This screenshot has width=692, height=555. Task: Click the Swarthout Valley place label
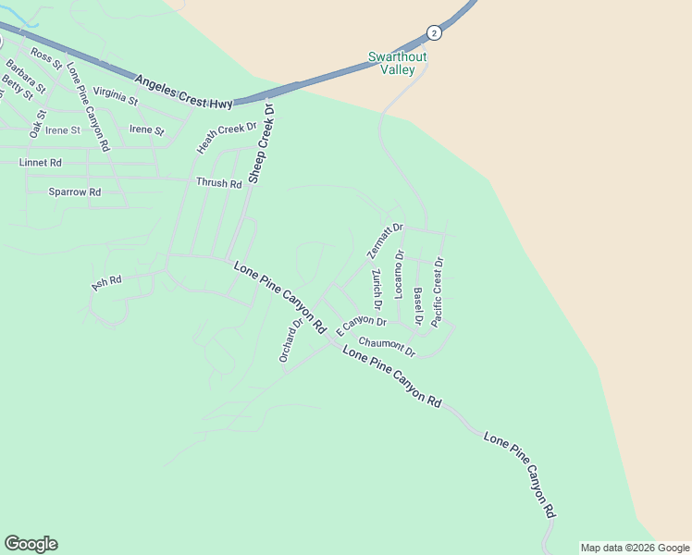398,63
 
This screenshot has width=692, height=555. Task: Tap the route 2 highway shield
434,32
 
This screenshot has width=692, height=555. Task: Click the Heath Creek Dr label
226,138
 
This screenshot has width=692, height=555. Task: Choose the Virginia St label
116,95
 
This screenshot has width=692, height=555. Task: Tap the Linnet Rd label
40,162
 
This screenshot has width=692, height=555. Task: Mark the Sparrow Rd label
74,192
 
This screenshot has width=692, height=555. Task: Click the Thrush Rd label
218,183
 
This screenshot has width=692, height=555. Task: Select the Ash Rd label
106,282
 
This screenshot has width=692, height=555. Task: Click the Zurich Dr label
377,290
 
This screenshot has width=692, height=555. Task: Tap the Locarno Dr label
400,274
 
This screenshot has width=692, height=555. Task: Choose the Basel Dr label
418,306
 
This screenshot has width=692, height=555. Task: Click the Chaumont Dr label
387,347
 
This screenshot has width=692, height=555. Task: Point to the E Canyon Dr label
360,326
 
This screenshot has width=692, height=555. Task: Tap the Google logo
31,544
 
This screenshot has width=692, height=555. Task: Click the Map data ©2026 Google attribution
635,548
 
